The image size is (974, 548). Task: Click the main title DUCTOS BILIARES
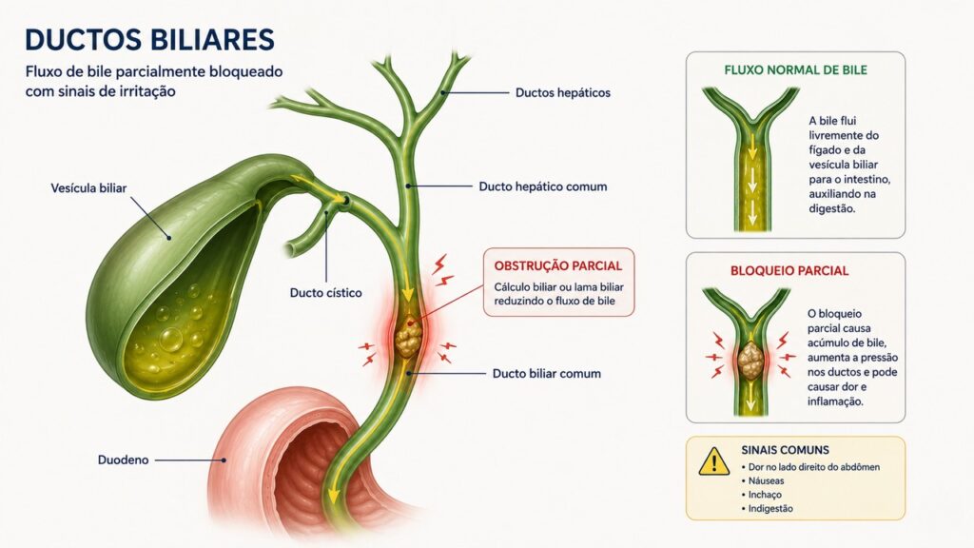pos(149,40)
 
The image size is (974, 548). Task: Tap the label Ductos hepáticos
pos(563,92)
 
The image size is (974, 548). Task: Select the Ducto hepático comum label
pos(543,186)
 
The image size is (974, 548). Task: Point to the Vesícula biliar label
pos(88,187)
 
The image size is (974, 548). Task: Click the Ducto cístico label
pos(325,293)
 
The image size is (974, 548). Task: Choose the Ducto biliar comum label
pos(547,373)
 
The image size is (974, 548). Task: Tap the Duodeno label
pos(123,460)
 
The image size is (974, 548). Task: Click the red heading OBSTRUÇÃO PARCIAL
pos(557,266)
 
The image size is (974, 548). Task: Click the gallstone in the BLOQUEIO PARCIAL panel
pos(750,361)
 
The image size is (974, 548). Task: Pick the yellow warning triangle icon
pos(713,461)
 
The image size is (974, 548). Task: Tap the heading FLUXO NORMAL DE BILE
pos(795,70)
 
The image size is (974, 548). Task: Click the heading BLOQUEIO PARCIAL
pos(789,271)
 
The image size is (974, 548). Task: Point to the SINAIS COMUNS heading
pos(785,450)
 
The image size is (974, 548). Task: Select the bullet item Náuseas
pos(766,480)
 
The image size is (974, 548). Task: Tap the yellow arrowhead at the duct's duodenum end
pos(334,495)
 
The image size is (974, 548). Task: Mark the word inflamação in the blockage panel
pos(835,401)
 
